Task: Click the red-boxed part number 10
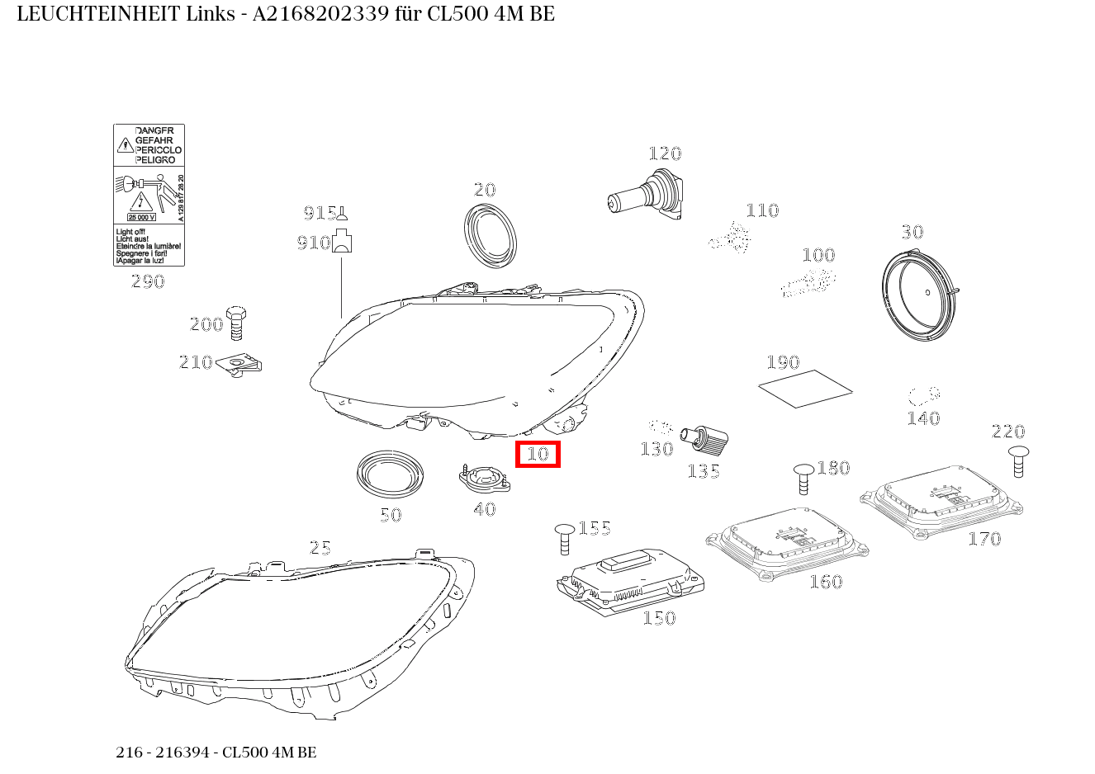click(538, 454)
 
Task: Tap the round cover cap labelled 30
click(919, 298)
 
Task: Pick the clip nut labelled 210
click(239, 363)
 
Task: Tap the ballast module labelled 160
click(787, 540)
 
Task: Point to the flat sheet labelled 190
click(805, 388)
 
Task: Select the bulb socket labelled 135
click(704, 440)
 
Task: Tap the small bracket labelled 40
click(483, 478)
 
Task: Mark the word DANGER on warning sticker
click(154, 131)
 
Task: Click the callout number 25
click(320, 548)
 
